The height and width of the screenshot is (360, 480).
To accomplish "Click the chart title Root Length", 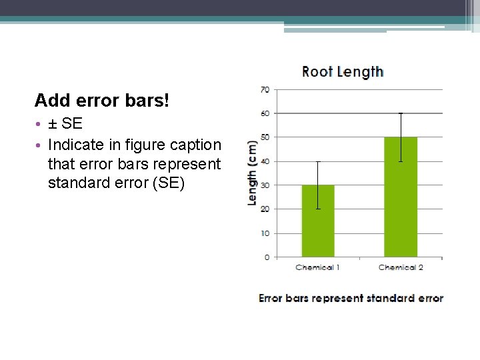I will coord(343,71).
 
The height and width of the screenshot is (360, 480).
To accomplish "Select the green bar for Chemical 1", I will coord(318,221).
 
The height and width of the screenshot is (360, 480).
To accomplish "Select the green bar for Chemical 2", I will coord(401,197).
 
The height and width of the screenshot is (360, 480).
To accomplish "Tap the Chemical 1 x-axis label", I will coord(318,267).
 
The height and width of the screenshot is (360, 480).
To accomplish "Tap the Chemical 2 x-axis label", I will coord(401,267).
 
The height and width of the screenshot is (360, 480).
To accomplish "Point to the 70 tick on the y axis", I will coord(265,89).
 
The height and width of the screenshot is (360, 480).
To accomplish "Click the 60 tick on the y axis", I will coord(265,113).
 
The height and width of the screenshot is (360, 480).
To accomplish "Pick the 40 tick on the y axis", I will coord(265,161).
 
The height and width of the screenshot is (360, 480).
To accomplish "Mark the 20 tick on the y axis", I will coord(265,209).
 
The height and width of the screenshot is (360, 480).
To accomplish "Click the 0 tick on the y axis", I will coord(267,257).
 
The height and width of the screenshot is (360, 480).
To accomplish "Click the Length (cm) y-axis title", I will coord(253,173).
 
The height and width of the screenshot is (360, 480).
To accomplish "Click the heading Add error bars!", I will coord(102,101).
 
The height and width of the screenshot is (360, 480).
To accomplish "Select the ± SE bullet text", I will coord(65,124).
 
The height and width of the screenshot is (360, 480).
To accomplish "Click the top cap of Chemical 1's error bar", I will coord(318,161).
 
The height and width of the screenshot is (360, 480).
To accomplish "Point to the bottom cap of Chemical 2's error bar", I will coord(401,161).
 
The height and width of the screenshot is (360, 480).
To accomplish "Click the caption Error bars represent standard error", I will coord(351,298).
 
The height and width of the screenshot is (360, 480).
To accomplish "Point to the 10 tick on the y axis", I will coord(265,233).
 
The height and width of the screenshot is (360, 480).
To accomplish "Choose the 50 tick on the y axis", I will coord(265,137).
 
